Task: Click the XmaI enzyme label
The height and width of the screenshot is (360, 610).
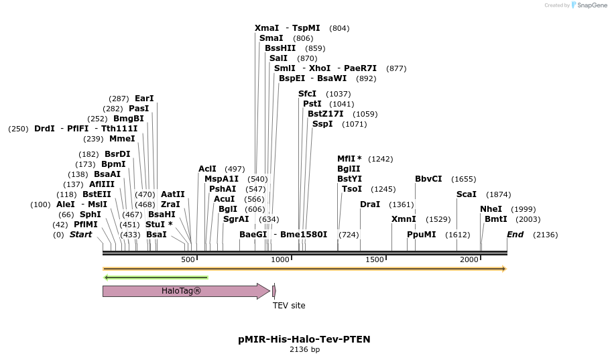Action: (267, 28)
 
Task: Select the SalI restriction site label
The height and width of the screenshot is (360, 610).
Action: (278, 58)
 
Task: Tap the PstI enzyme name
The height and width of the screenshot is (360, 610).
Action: (312, 104)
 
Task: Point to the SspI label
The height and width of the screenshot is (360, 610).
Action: (322, 124)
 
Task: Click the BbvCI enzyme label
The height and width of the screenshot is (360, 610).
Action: (428, 179)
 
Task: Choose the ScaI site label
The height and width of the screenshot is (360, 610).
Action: (467, 194)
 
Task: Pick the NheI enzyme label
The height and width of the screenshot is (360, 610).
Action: (491, 209)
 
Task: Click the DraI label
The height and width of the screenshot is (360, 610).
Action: (370, 204)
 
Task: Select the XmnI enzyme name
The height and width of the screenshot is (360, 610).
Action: (404, 219)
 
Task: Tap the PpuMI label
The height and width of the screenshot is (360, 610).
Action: (421, 235)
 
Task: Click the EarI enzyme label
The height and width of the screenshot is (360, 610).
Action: (144, 99)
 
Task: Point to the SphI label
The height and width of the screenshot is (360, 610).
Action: (90, 215)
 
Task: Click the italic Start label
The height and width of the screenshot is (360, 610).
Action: (80, 235)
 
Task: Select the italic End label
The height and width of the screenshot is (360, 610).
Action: (515, 235)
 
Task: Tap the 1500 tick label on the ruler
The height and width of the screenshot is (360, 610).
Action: (375, 259)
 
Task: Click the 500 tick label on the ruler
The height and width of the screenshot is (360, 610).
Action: (188, 259)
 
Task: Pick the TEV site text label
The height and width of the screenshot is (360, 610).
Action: (289, 306)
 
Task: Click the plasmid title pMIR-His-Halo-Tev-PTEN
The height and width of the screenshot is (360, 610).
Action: (304, 339)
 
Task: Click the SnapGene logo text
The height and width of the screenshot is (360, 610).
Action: (589, 5)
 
